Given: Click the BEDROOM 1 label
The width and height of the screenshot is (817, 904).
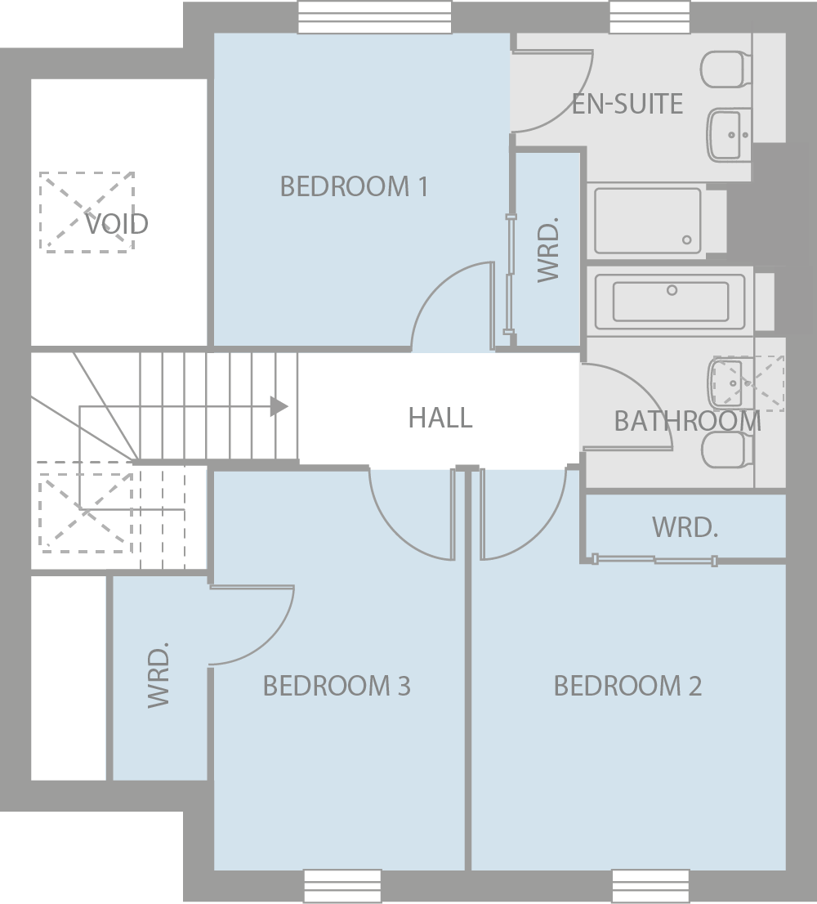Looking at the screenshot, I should tap(354, 186).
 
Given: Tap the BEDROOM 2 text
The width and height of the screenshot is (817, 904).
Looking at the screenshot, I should tap(627, 686).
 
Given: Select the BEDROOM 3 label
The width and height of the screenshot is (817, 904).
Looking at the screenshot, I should tap(337, 686).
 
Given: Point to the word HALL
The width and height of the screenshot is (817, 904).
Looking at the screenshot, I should tap(440, 418).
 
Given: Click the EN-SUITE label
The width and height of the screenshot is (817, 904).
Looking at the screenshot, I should tap(627, 104).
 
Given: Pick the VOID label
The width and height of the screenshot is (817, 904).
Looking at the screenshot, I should tap(117, 223).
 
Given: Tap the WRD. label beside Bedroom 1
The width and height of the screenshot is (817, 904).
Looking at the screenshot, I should tap(548, 249).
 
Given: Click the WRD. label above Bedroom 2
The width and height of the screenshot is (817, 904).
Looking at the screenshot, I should tap(685, 527).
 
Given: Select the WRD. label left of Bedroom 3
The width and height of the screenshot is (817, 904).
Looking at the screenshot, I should tap(158, 674).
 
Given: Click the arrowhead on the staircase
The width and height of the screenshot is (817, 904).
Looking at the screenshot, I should tap(279, 406).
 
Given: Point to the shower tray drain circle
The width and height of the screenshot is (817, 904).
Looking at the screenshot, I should tap(686, 240).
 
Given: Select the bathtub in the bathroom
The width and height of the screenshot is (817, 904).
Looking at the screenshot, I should tap(671, 301).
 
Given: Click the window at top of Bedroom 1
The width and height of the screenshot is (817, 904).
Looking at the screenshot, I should tap(374, 17).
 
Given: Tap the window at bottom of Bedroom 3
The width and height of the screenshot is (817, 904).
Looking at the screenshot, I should tap(342, 886).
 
